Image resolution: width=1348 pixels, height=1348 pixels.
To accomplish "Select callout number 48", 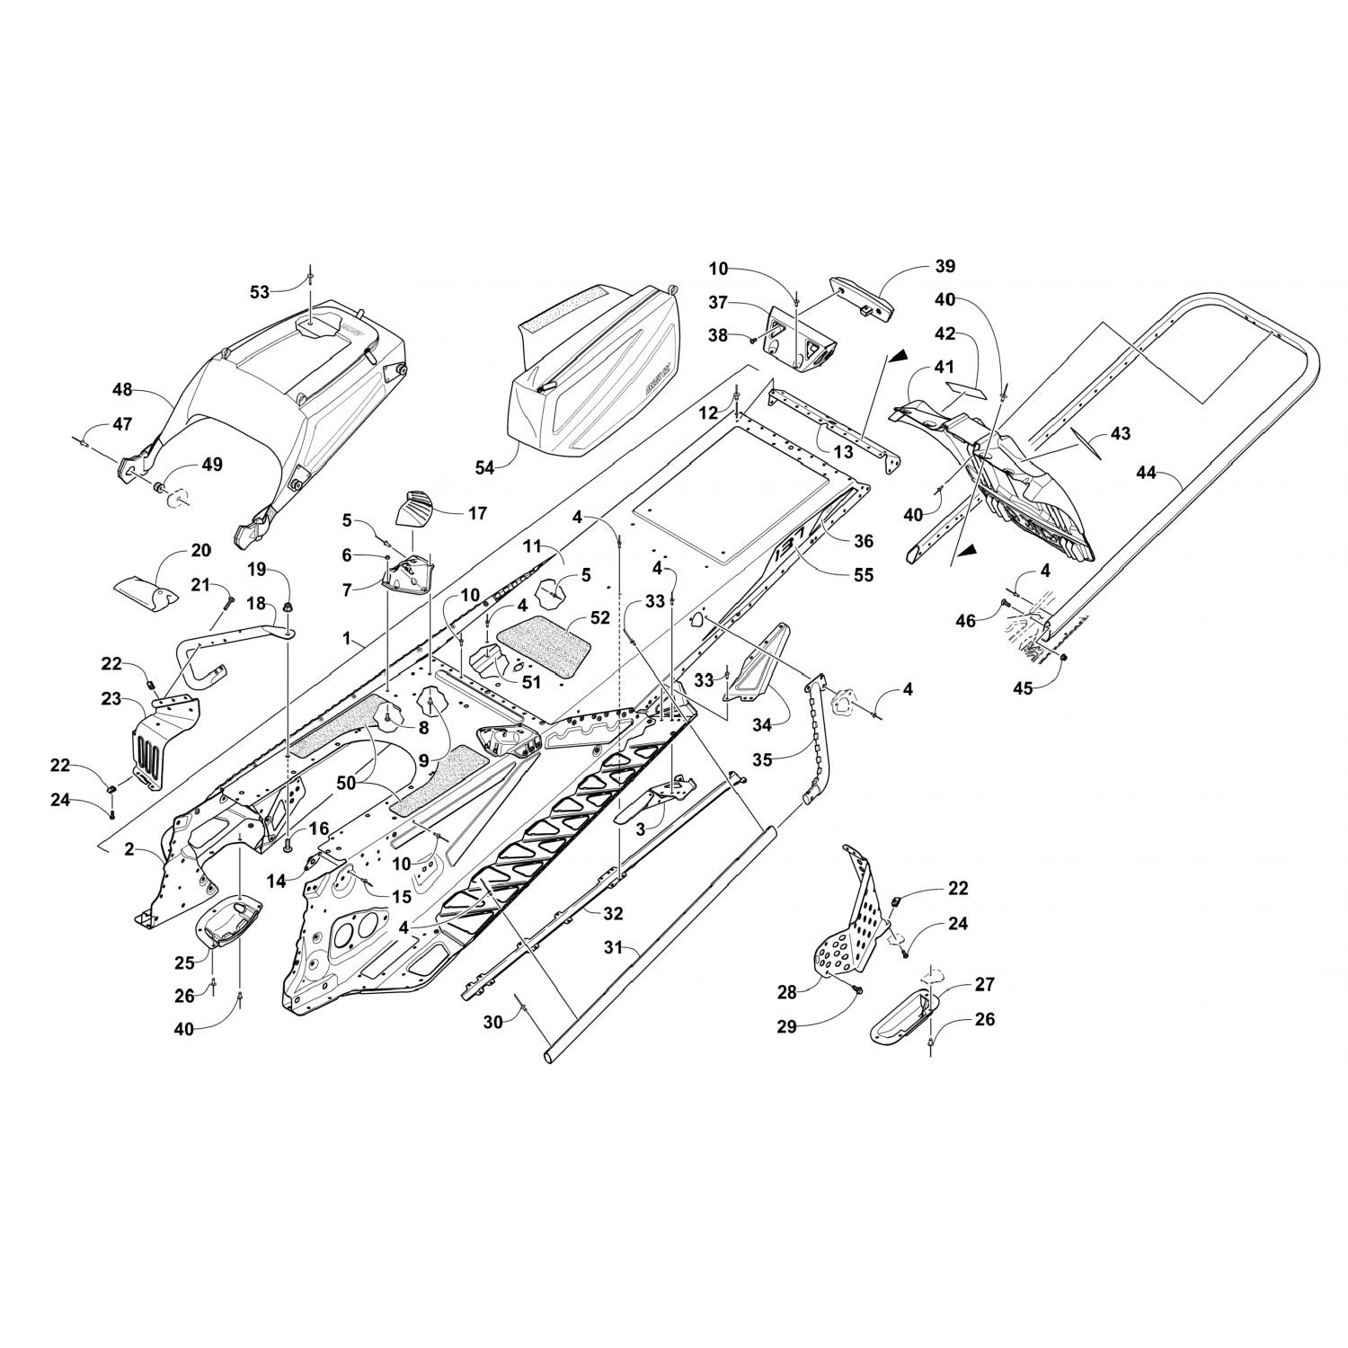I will point(122,390).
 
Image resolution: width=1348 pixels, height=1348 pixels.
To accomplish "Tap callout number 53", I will point(260,291).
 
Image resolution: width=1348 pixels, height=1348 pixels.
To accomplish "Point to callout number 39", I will point(944,266).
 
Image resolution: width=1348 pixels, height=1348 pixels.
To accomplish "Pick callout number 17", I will point(477,512).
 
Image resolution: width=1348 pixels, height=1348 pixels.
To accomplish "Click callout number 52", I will point(600,618).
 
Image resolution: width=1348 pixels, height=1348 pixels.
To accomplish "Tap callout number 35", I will point(762,759).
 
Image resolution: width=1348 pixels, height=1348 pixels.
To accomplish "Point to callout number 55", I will point(864,575).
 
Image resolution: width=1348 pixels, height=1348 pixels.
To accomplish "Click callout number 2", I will point(129,849).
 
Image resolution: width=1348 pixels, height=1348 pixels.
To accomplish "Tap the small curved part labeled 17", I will point(419,507).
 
